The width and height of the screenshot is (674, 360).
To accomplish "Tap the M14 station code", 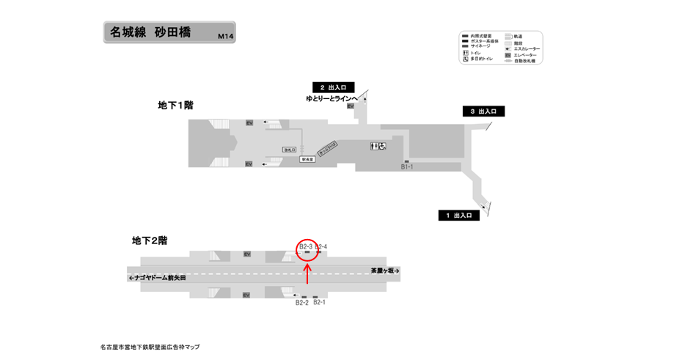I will tap(225, 37).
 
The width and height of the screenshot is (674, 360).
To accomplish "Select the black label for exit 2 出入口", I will tap(334, 87).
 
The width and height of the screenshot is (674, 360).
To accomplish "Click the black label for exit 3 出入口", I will tap(483, 111).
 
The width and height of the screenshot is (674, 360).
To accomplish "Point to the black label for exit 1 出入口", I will tap(459, 216).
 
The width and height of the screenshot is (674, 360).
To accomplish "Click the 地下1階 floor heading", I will tap(175, 106).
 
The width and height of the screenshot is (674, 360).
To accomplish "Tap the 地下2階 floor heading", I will tap(150, 240).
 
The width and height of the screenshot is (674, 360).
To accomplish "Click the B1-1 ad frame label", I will tap(408, 167).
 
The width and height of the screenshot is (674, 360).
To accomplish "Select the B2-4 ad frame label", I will tap(320, 246).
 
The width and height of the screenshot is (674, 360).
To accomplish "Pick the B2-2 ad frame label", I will tap(302, 302).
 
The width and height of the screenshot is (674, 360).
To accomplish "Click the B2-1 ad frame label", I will tap(319, 302).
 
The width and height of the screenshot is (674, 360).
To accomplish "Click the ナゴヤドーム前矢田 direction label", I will tap(157, 279).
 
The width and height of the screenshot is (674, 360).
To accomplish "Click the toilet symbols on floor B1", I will tap(378, 146).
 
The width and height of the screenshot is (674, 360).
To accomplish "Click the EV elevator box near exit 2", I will tap(350, 106).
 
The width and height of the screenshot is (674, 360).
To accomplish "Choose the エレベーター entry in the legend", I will tap(524, 55).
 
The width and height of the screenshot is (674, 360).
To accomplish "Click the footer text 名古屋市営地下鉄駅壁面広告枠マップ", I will tap(150, 347).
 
